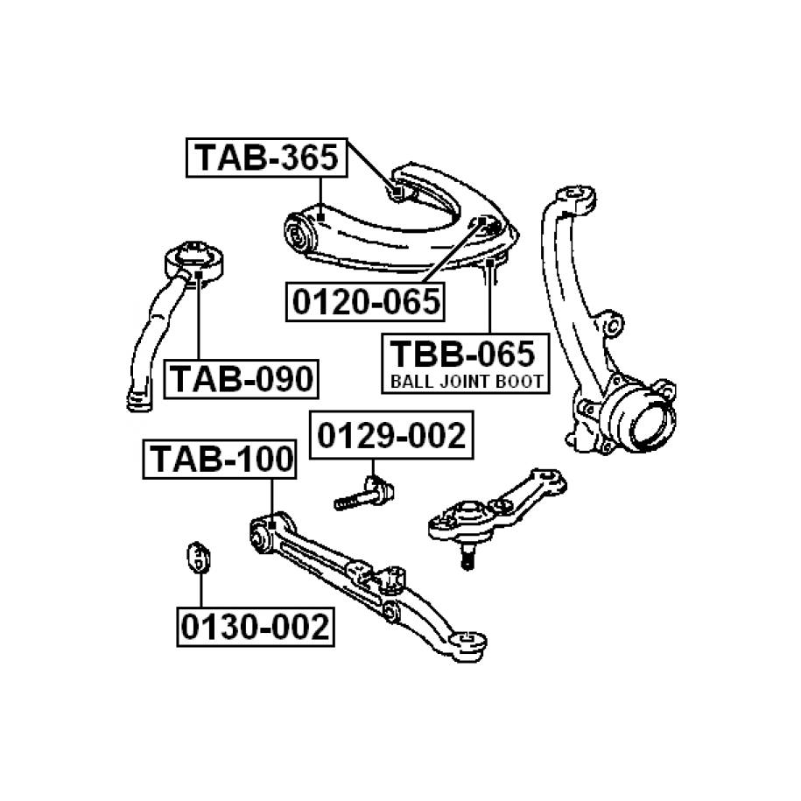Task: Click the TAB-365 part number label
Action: tap(266, 158)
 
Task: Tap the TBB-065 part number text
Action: tap(461, 354)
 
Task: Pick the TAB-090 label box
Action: tap(240, 378)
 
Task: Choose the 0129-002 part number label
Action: tap(391, 434)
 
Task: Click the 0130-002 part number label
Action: tap(256, 627)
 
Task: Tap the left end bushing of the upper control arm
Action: tap(299, 233)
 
